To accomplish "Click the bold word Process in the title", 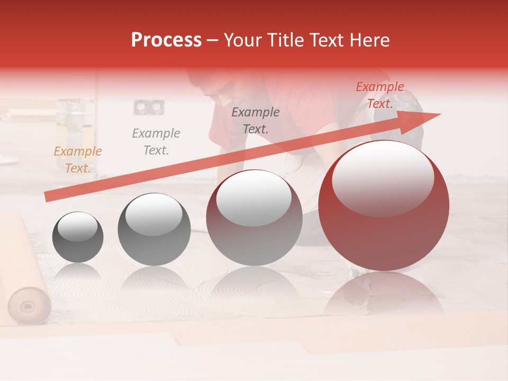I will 166,40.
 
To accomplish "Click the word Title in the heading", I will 285,40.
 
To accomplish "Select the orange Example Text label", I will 77,160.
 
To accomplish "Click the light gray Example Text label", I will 156,142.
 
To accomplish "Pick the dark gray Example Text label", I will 256,120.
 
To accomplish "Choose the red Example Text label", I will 379,95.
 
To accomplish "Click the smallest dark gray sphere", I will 78,237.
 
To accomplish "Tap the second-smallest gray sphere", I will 154,229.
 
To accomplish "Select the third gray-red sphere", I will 255,217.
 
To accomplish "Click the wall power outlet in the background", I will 149,107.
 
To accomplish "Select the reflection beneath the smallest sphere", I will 78,273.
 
